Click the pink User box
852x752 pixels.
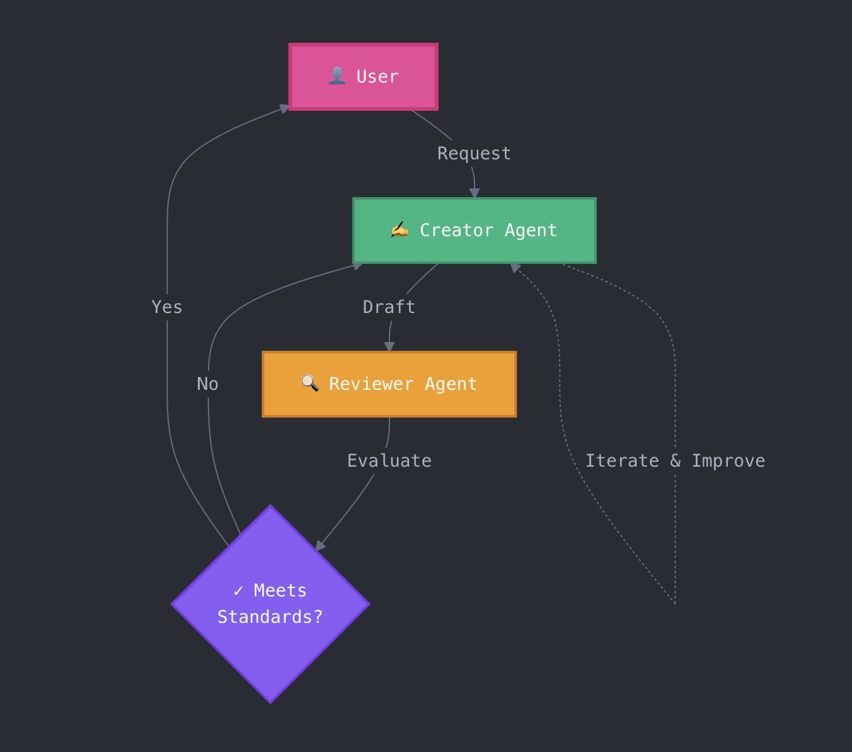click(x=364, y=77)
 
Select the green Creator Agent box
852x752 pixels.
click(x=474, y=231)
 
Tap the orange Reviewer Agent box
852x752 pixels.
click(x=389, y=384)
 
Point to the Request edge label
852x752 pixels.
click(x=474, y=154)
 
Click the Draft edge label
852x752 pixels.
click(x=389, y=307)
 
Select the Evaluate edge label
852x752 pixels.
click(x=389, y=461)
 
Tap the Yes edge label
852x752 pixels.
click(x=167, y=307)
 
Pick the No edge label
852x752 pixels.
click(x=207, y=384)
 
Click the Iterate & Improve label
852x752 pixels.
click(x=675, y=461)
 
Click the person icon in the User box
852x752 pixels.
click(x=337, y=76)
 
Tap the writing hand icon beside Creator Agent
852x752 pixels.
click(x=400, y=230)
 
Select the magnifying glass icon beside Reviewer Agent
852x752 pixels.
click(x=309, y=384)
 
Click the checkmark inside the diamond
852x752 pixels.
click(x=238, y=591)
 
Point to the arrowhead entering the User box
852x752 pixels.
click(x=284, y=108)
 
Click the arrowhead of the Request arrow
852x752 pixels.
click(x=475, y=193)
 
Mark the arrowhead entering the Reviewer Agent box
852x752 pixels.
click(x=389, y=346)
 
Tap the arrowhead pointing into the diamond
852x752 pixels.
click(x=320, y=545)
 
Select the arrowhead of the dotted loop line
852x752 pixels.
click(x=515, y=268)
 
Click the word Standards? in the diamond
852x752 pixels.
click(x=270, y=617)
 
